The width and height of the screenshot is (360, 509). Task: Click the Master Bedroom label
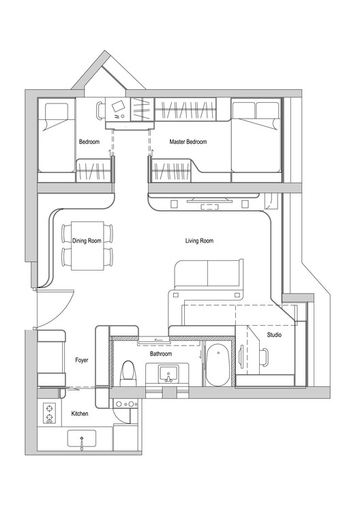click(187, 142)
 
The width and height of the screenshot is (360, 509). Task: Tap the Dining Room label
click(87, 241)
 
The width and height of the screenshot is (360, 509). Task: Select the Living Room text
click(199, 241)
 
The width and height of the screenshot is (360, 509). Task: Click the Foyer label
click(82, 360)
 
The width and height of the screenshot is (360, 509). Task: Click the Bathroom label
click(161, 354)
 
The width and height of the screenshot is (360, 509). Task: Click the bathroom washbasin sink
click(168, 373)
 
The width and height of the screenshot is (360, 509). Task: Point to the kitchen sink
click(82, 441)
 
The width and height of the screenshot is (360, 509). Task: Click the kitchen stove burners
click(49, 413)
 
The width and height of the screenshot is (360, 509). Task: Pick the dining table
click(87, 245)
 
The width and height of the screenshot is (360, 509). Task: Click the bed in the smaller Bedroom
click(56, 136)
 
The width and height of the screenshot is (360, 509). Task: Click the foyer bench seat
click(51, 358)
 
